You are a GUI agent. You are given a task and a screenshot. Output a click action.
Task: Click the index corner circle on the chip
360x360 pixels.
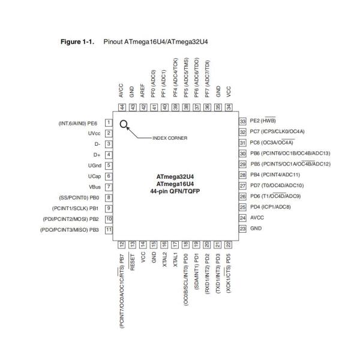click(x=124, y=125)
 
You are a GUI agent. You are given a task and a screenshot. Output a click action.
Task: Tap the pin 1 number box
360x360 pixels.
click(x=109, y=122)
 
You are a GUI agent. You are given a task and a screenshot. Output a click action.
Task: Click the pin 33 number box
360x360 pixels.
click(x=242, y=121)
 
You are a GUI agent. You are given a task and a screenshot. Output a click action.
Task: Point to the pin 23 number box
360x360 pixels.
click(x=242, y=229)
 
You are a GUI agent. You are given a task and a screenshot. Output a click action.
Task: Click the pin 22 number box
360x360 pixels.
click(x=229, y=244)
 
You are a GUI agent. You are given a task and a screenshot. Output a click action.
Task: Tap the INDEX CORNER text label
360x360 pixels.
click(x=170, y=137)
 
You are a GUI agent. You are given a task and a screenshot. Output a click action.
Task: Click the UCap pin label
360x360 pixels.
click(x=94, y=176)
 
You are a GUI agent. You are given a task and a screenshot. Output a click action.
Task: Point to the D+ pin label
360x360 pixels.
click(x=96, y=154)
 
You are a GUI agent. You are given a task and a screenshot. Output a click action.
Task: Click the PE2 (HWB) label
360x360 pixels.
click(x=265, y=121)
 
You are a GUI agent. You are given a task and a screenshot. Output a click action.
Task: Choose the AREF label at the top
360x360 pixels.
click(x=142, y=91)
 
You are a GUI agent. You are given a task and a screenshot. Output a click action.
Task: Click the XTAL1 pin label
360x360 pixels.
click(x=175, y=259)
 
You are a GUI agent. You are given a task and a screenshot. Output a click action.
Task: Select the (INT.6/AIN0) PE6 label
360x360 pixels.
click(x=77, y=122)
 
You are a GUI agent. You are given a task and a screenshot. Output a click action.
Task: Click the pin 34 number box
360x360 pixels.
click(x=229, y=106)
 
